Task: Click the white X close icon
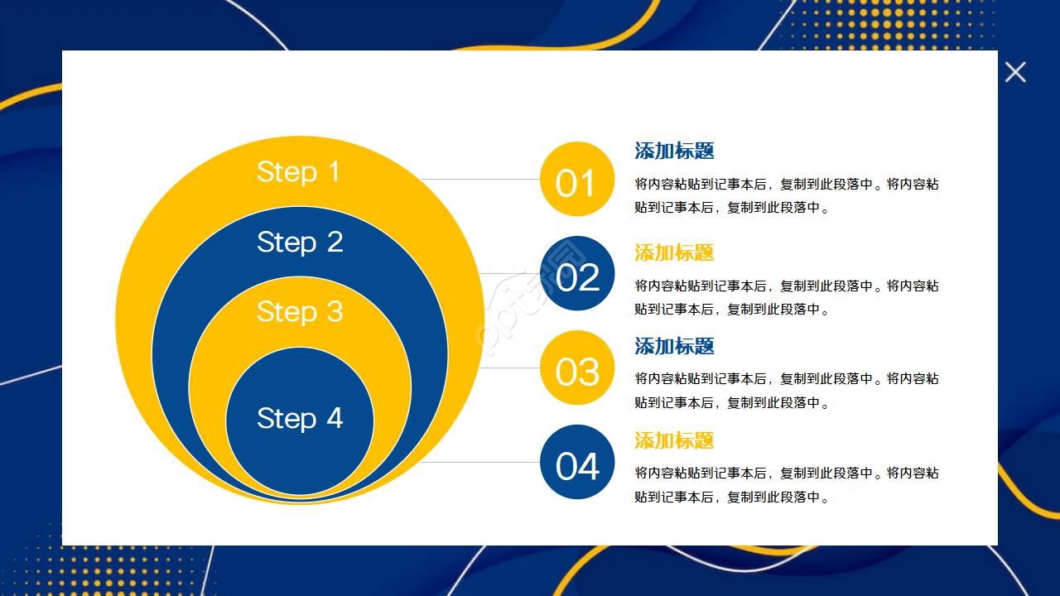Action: click(1015, 72)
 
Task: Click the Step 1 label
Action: click(298, 171)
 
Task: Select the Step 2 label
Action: click(299, 242)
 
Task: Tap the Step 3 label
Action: click(299, 311)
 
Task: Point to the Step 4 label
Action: click(299, 418)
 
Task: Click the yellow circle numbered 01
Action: click(576, 180)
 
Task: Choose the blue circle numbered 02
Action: click(576, 274)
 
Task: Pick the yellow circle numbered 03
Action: click(576, 368)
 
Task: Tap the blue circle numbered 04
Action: click(576, 463)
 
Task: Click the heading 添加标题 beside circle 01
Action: click(674, 151)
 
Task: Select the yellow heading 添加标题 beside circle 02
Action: click(674, 252)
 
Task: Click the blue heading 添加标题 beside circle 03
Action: click(674, 346)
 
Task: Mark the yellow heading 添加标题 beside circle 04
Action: click(674, 440)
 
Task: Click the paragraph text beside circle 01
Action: click(786, 195)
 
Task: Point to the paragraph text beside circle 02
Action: click(786, 297)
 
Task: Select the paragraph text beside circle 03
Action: click(786, 391)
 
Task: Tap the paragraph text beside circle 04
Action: click(786, 485)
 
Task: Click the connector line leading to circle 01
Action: click(480, 179)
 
